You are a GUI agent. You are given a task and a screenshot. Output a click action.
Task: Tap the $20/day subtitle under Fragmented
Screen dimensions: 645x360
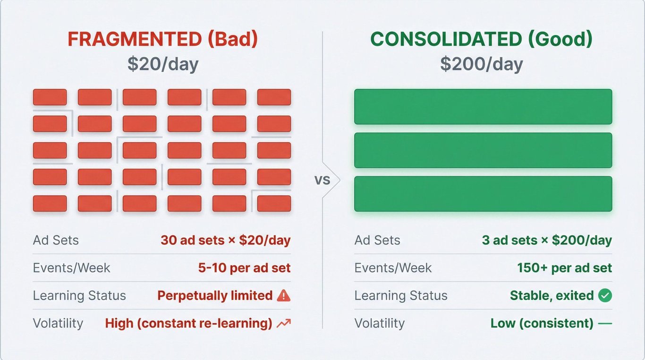tap(163, 64)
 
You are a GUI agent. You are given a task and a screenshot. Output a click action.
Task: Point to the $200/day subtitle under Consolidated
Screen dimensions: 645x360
tap(482, 64)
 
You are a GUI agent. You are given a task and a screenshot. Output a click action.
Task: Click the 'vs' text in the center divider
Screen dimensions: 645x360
tap(322, 180)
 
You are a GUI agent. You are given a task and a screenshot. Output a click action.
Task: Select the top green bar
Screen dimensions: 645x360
tap(483, 107)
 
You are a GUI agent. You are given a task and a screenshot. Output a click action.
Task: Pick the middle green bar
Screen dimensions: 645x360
tap(483, 150)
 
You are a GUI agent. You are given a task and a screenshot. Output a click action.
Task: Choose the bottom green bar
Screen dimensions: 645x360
tap(483, 194)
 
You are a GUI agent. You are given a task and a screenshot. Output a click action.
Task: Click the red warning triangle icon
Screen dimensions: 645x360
tap(284, 295)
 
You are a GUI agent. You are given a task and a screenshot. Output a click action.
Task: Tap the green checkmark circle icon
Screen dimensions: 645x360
tap(605, 295)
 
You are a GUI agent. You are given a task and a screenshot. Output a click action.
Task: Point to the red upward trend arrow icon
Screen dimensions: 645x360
tap(284, 324)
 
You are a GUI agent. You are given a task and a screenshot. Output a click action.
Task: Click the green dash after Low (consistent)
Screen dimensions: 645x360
tap(605, 324)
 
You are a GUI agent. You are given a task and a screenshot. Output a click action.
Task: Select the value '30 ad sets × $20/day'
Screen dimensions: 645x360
tap(225, 240)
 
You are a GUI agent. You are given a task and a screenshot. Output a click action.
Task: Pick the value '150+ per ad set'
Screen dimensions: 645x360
tap(565, 268)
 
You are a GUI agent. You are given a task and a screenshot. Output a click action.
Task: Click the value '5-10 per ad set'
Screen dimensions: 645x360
tap(244, 268)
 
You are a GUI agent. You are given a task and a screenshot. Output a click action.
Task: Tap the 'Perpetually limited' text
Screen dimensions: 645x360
tap(215, 295)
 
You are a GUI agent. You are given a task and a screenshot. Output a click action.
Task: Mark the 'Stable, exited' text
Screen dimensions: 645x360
tap(552, 295)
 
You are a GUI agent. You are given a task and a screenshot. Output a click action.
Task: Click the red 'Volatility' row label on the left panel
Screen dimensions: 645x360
tap(58, 323)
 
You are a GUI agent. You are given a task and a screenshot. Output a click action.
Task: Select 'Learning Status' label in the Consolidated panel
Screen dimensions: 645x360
tap(401, 295)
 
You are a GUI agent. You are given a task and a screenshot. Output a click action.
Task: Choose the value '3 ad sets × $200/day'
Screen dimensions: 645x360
tap(547, 240)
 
